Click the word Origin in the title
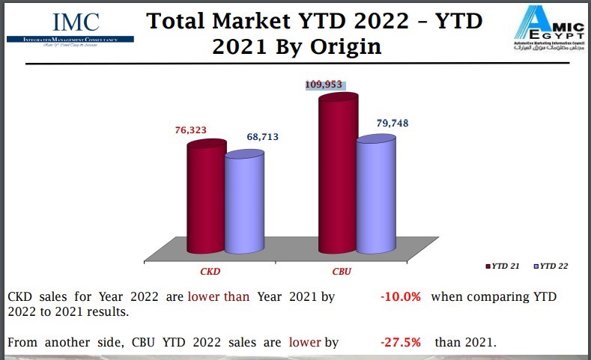(x=341, y=46)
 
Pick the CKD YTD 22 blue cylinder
(x=244, y=204)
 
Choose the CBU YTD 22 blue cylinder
(x=376, y=196)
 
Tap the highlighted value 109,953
(x=324, y=85)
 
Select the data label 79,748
(x=393, y=123)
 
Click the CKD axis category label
(x=209, y=270)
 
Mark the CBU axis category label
(x=342, y=270)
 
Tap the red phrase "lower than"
(x=219, y=297)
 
